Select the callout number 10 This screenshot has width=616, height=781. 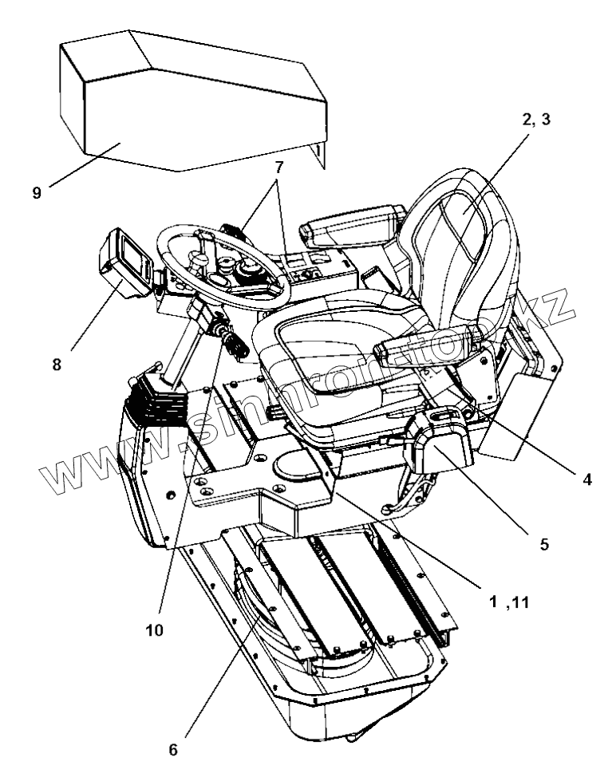155,630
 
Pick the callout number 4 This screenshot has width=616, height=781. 587,482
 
